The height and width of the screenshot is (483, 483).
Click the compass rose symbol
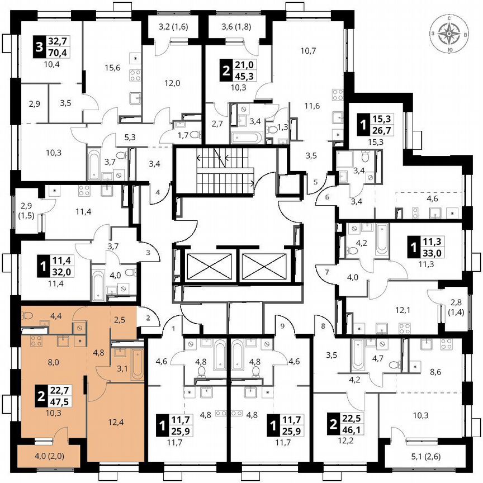(449, 35)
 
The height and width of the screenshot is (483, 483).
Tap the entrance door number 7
(327, 272)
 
